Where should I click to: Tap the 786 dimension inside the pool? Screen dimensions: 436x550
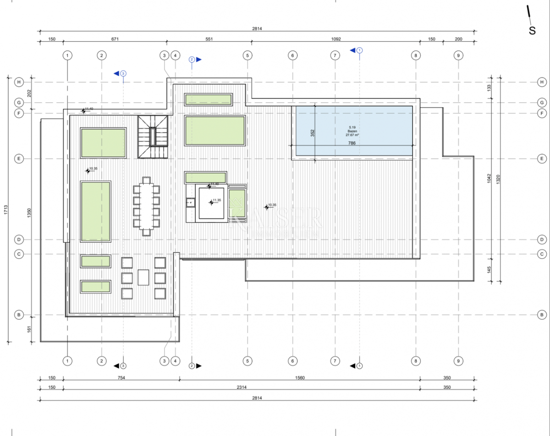(x=352, y=143)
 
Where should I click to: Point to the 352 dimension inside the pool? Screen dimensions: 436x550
(x=313, y=133)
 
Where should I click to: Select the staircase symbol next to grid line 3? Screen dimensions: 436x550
(x=153, y=137)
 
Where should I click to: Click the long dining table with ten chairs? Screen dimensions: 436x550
(x=147, y=207)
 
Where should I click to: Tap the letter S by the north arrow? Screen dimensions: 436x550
(x=532, y=31)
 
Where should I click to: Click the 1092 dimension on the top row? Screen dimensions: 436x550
(x=335, y=39)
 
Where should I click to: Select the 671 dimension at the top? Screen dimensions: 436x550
(x=115, y=39)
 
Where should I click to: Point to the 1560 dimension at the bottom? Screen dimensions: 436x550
(x=300, y=378)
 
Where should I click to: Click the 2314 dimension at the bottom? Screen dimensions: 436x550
(x=242, y=387)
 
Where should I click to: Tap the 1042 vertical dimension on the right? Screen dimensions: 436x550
(x=489, y=178)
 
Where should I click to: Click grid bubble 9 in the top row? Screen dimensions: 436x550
(x=458, y=55)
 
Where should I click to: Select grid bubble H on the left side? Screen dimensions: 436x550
(x=19, y=82)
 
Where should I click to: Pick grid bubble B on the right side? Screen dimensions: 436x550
(x=542, y=315)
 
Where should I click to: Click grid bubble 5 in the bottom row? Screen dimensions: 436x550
(x=247, y=361)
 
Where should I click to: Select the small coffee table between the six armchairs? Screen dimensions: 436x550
(x=143, y=277)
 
